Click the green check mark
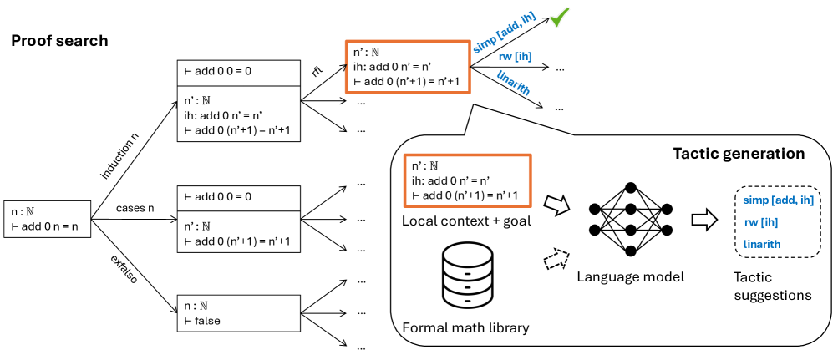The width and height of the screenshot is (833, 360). click(558, 18)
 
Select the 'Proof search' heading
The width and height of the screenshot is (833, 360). click(59, 40)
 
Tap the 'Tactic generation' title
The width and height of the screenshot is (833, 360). click(739, 154)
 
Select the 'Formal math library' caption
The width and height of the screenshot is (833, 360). click(465, 327)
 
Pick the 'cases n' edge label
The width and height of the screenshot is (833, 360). click(135, 205)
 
